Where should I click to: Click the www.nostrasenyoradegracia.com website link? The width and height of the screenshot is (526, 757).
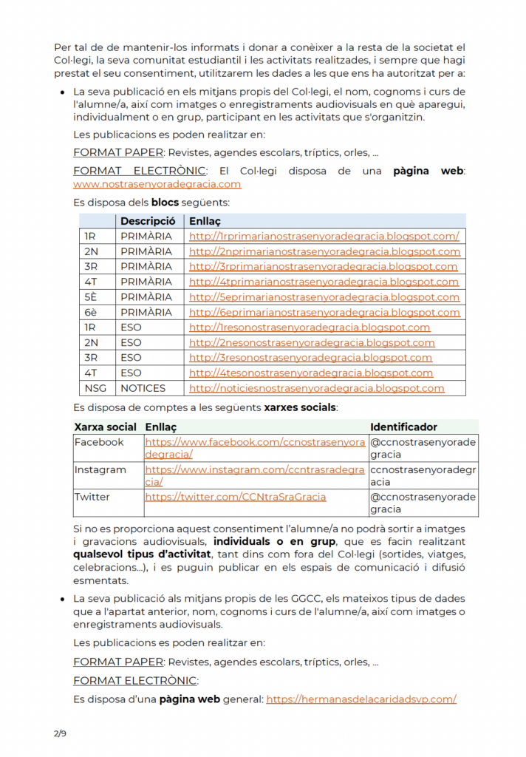click(157, 184)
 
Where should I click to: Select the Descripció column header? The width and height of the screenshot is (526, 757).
click(148, 221)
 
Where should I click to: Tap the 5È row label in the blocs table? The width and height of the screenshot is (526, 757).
click(91, 297)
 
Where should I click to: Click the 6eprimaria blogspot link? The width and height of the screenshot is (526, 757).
click(324, 312)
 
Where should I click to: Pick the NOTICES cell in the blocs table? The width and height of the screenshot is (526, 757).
click(143, 388)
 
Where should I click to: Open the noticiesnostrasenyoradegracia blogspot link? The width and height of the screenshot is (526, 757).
click(317, 388)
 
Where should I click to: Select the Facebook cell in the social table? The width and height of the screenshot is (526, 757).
click(100, 442)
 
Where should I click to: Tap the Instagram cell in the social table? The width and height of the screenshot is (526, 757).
click(100, 469)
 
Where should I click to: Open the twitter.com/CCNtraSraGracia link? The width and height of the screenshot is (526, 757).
click(235, 497)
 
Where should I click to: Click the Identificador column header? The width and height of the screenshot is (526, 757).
click(403, 427)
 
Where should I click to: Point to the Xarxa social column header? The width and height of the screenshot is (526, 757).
click(106, 427)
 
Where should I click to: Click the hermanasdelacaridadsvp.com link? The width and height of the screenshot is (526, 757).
click(361, 699)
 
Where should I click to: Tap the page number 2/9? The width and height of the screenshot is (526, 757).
click(60, 733)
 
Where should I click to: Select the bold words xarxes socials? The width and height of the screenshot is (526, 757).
click(300, 407)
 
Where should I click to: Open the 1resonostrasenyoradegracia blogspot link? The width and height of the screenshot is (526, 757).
click(310, 327)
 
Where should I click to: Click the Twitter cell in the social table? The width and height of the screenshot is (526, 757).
click(92, 497)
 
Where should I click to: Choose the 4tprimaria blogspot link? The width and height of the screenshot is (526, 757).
click(324, 282)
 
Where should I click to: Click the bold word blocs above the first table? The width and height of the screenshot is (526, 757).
click(165, 202)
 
